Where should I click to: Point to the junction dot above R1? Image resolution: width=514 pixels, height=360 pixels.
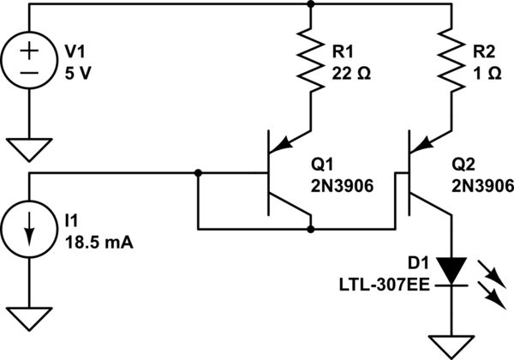[309, 4]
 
